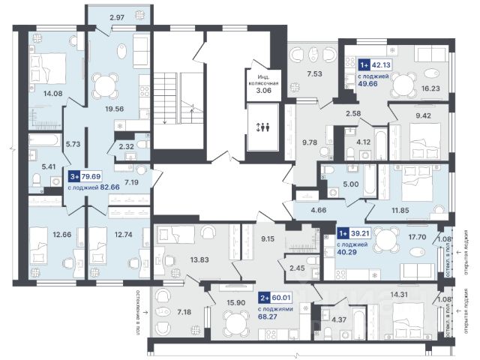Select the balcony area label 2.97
pyautogui.click(x=118, y=16)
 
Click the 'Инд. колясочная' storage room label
pyautogui.click(x=265, y=82)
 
